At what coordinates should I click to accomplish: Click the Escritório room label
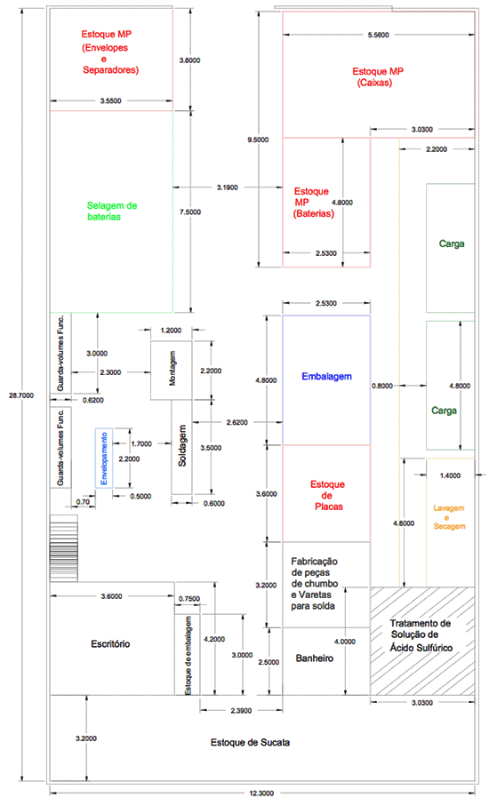110,643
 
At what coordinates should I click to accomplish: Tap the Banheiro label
314,658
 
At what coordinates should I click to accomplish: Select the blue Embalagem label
326,376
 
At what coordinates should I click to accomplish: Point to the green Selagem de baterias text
111,211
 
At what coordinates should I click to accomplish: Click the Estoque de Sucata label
250,742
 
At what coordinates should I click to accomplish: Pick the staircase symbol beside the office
64,548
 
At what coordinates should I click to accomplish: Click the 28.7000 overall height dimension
21,395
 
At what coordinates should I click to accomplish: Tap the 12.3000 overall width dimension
261,794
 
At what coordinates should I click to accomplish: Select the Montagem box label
172,368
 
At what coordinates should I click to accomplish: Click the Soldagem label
182,446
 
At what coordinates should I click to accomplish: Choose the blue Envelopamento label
104,459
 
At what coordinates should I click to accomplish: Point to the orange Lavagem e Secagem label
449,517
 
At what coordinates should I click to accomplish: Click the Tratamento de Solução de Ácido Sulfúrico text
421,635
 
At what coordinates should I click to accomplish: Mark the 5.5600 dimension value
379,35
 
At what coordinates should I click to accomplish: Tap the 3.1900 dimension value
228,188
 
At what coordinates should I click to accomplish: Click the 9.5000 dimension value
258,140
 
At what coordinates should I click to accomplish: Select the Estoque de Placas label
327,496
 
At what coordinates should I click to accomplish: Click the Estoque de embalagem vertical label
188,656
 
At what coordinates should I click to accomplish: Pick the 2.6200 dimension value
236,422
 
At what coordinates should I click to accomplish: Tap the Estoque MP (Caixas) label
378,76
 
